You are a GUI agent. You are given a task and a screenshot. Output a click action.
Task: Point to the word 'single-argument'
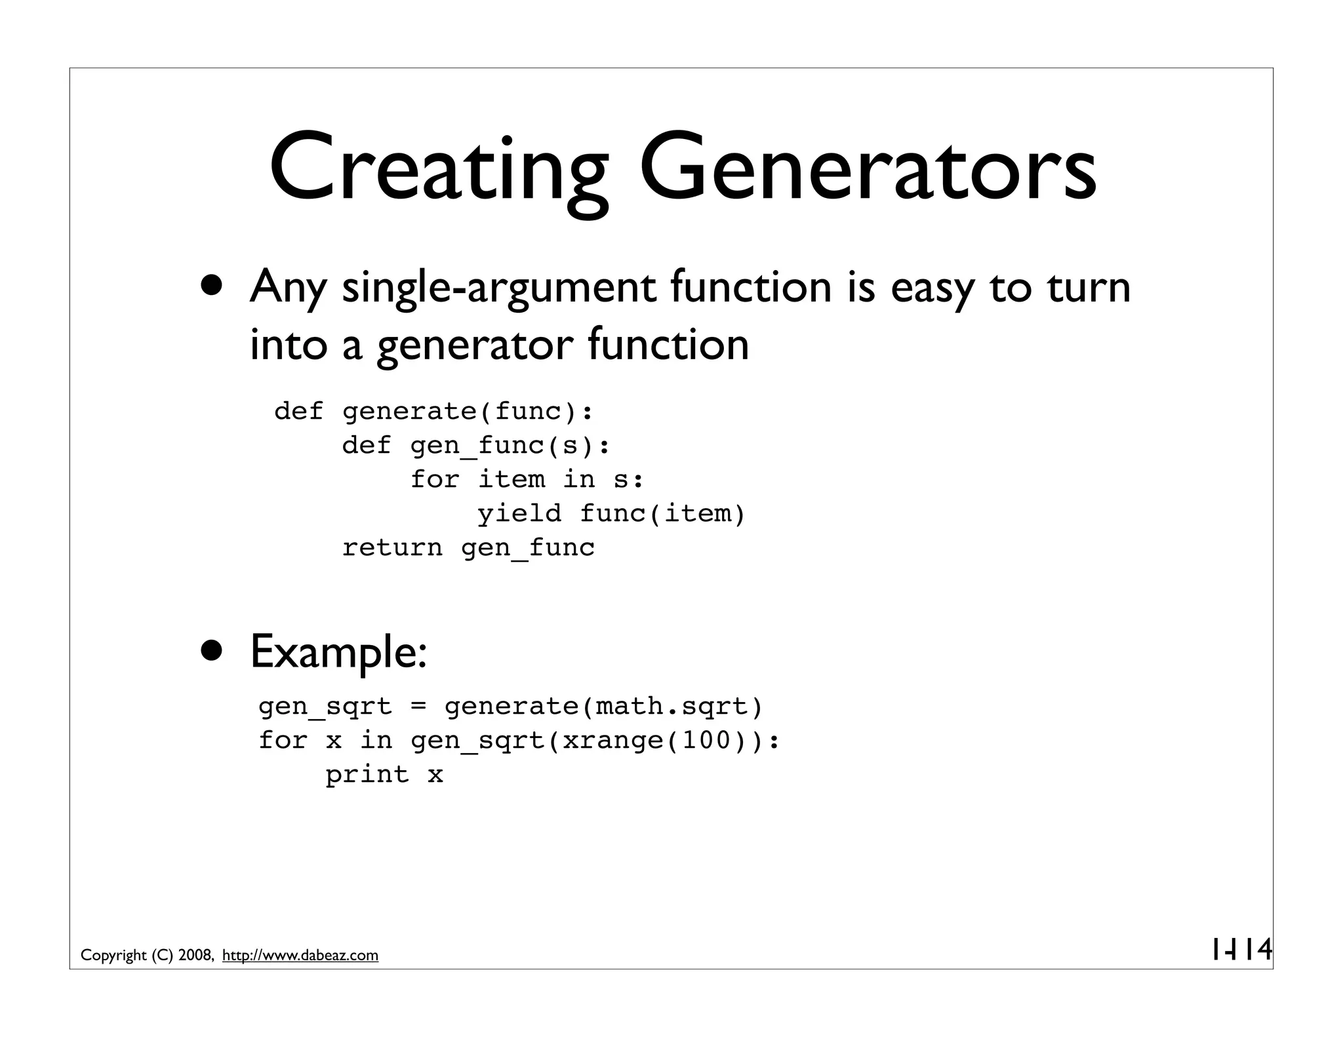(x=498, y=288)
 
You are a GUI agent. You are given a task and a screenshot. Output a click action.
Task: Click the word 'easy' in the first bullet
(x=932, y=288)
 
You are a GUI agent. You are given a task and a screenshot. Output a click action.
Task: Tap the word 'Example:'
(x=338, y=653)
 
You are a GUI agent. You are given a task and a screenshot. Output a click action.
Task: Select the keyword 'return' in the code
(x=392, y=547)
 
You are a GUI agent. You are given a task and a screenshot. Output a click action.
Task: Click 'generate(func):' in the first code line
(x=468, y=412)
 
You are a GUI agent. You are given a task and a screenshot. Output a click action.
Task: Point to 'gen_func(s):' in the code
(x=510, y=446)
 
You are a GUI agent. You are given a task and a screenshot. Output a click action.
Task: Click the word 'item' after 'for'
(x=511, y=479)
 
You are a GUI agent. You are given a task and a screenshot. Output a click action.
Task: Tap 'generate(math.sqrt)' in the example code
(x=604, y=707)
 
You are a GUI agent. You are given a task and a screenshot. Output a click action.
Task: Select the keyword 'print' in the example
(x=367, y=775)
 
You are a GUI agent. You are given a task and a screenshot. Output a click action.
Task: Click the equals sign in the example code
(x=418, y=707)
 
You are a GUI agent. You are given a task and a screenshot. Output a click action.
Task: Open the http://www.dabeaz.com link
(x=300, y=956)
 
